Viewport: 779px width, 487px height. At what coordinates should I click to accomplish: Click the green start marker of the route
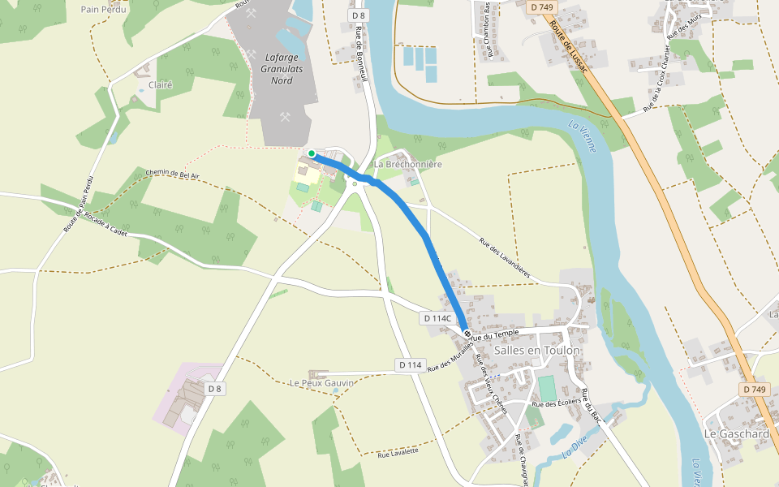click(x=312, y=153)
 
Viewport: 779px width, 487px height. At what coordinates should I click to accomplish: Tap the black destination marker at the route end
click(x=467, y=334)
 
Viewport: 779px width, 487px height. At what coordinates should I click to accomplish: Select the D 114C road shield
click(x=437, y=318)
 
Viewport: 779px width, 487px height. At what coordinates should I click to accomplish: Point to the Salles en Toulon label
click(x=537, y=351)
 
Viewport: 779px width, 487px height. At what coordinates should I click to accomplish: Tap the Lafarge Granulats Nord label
click(x=282, y=68)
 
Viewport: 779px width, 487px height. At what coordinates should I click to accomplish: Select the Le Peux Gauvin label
click(x=322, y=382)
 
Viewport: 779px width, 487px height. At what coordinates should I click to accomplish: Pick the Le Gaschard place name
click(x=736, y=433)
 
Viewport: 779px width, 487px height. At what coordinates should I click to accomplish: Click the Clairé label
click(x=160, y=84)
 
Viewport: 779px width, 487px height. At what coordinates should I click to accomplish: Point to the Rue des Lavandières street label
click(x=504, y=258)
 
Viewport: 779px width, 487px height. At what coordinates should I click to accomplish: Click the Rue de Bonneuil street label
click(x=362, y=54)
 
